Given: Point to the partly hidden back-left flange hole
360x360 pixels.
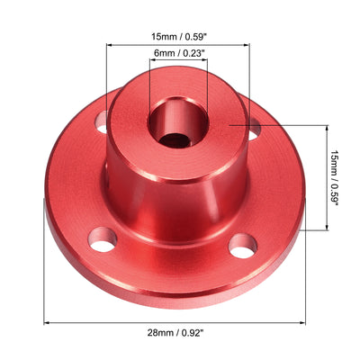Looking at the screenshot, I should tap(102, 118).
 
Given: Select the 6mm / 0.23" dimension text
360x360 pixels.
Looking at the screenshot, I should tap(179, 52).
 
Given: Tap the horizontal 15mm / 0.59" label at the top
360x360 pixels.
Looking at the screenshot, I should tap(179, 38).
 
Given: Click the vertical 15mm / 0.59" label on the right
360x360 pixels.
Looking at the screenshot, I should tap(334, 178).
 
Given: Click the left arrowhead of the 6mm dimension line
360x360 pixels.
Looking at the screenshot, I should tap(151, 62).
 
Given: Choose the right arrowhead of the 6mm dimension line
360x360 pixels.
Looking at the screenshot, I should tap(207, 62).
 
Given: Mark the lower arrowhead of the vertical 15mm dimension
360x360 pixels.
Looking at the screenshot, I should tap(324, 229).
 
